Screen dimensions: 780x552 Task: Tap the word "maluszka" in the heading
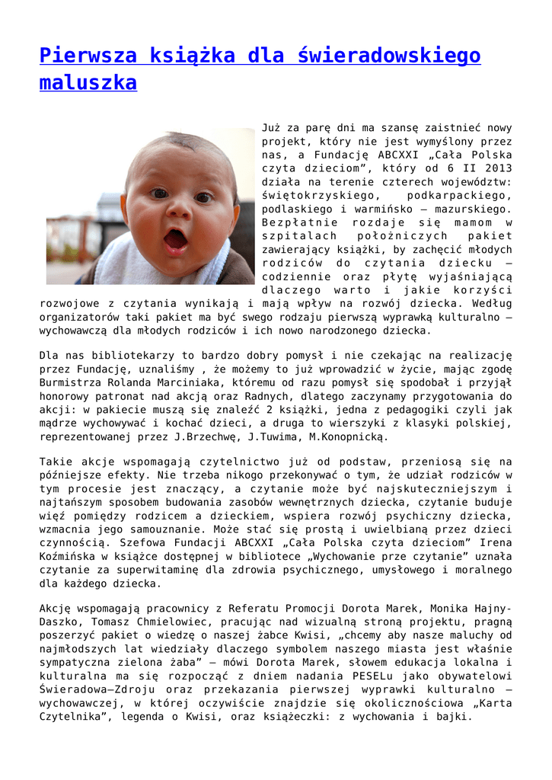[88, 82]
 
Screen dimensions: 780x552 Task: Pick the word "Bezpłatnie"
[299, 223]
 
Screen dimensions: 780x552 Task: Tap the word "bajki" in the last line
[455, 716]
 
